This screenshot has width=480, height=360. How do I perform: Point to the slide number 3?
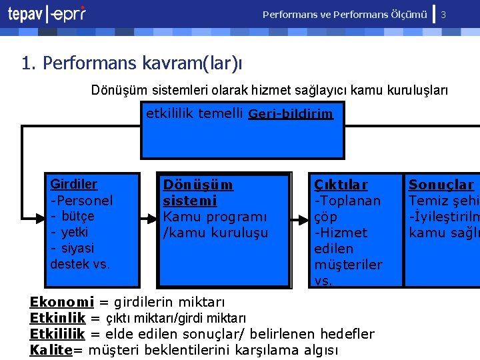click(x=443, y=14)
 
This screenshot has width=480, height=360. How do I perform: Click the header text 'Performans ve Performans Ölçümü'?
click(x=345, y=14)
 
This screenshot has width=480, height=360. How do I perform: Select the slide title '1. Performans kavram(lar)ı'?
click(x=132, y=63)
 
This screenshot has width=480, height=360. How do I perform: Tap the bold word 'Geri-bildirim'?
click(x=290, y=114)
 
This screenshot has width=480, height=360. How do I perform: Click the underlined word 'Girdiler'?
click(x=73, y=184)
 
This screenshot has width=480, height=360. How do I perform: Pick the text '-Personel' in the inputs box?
click(x=81, y=200)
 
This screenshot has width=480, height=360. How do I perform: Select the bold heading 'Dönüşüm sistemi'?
click(x=199, y=192)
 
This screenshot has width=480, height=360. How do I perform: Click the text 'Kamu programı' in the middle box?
click(x=215, y=217)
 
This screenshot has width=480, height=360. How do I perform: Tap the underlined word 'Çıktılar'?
click(x=341, y=184)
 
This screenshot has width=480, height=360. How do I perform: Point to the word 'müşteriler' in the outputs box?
click(x=348, y=265)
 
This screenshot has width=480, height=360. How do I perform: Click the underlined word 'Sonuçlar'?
click(x=441, y=185)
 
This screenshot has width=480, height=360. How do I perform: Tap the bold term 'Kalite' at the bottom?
click(x=51, y=350)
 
